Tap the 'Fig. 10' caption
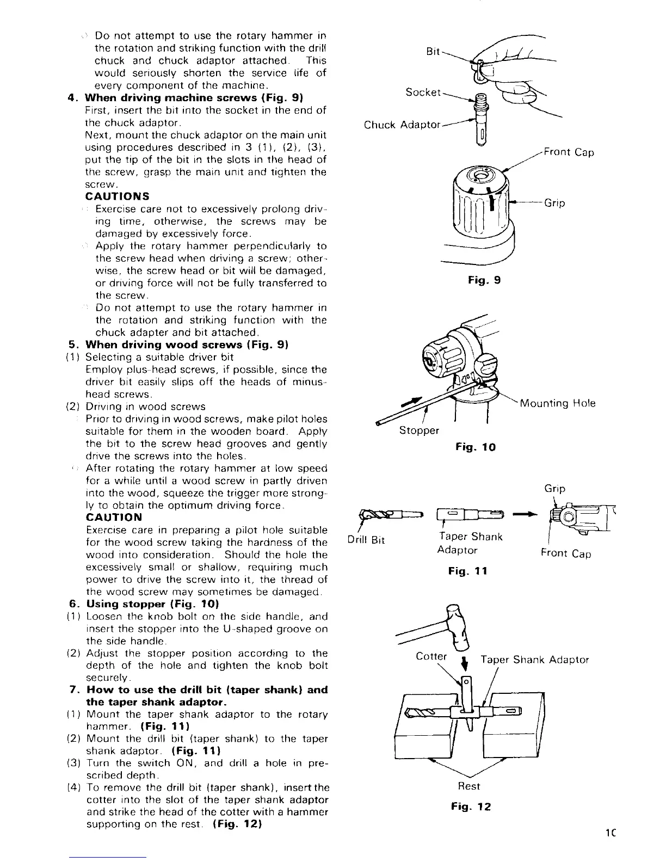476,447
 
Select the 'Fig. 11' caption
467,571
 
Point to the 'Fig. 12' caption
471,807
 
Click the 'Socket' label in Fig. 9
423,92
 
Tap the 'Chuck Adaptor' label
402,125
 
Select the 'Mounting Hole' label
558,403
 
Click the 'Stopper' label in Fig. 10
419,430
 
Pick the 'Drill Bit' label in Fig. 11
366,540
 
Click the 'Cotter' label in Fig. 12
431,656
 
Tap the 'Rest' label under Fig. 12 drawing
469,786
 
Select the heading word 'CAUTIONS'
118,196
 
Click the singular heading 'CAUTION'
114,518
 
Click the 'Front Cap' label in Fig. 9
569,152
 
